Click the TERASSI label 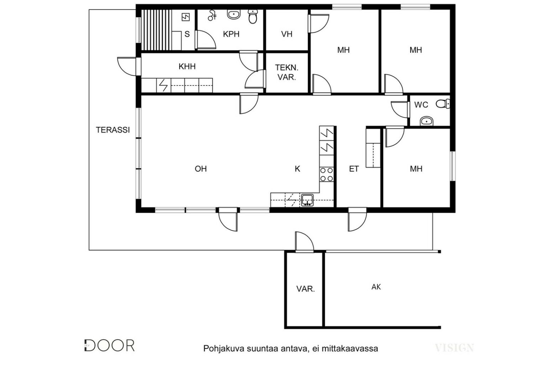(x=113, y=130)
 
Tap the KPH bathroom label (x=231, y=34)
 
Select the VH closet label (x=287, y=34)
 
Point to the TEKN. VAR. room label (x=287, y=72)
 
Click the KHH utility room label (x=187, y=66)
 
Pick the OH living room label (x=201, y=169)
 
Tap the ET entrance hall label (x=354, y=169)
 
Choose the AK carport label (x=376, y=287)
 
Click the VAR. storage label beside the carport (x=306, y=289)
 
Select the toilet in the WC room (x=443, y=104)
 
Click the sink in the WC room (x=426, y=121)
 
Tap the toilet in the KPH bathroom (x=253, y=16)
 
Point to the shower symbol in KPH (x=212, y=15)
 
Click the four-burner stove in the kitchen (x=327, y=174)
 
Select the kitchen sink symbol (x=307, y=200)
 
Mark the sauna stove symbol (x=186, y=17)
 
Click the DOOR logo (x=109, y=345)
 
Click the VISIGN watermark (x=454, y=348)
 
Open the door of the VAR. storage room (x=304, y=242)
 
